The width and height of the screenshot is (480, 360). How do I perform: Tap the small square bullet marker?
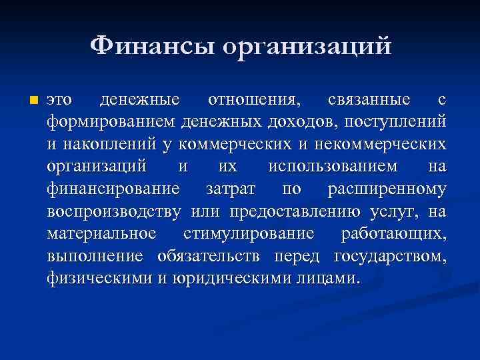(x=34, y=101)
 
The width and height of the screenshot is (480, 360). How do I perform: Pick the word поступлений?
(x=400, y=123)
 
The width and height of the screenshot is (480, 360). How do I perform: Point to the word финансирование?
(x=113, y=189)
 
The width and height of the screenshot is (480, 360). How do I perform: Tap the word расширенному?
(x=387, y=189)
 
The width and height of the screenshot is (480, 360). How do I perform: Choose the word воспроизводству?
(x=114, y=212)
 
